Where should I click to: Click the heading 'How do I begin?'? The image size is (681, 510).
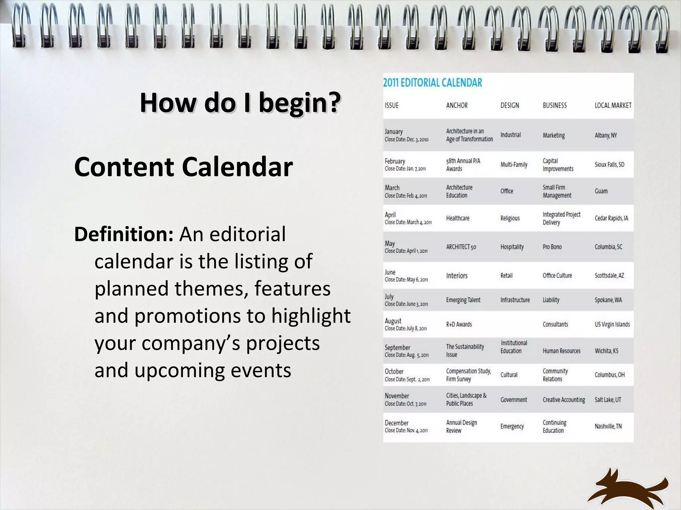240,103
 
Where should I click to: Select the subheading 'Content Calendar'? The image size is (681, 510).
184,167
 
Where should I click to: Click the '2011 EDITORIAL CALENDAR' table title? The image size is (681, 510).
433,83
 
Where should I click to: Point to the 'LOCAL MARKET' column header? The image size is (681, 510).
613,106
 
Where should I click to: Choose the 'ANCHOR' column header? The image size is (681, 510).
457,106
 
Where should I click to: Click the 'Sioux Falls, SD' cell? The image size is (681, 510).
610,165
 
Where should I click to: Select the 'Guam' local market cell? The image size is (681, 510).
601,191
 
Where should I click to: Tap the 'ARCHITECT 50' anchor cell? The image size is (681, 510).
461,247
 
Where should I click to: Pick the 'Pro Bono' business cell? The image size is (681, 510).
552,247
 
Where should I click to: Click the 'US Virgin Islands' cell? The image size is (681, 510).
612,324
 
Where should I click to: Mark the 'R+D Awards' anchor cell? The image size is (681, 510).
459,324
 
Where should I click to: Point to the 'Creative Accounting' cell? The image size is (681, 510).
564,400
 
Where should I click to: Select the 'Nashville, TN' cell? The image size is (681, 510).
608,426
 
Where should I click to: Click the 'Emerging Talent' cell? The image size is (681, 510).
463,300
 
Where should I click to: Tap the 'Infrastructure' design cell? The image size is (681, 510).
515,300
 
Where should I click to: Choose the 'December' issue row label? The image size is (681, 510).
396,423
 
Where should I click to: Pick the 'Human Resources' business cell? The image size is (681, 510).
562,351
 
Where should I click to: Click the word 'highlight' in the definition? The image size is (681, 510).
311,316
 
